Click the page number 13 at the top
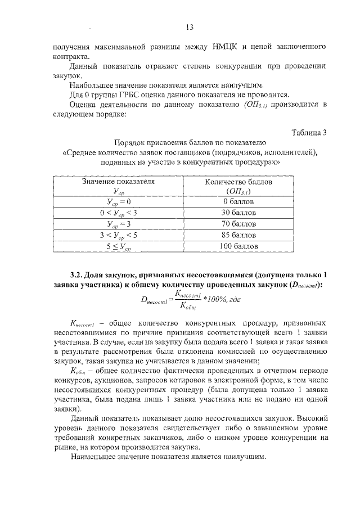pos(190,27)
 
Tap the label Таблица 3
pos(309,133)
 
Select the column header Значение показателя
pos(118,182)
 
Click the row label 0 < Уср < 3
pos(118,213)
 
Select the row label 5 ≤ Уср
pos(118,246)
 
